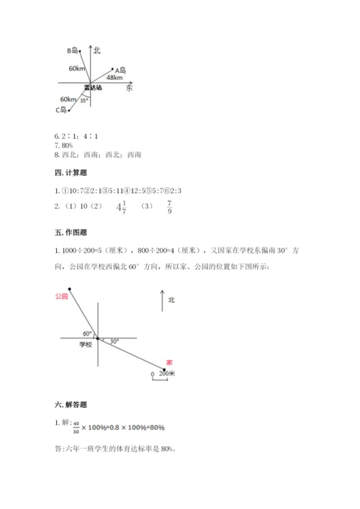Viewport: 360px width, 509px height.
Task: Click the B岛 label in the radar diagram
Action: coord(72,50)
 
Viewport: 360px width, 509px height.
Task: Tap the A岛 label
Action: coord(121,71)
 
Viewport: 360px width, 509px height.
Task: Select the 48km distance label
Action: coord(113,77)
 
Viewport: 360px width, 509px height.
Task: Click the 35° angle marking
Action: coord(84,101)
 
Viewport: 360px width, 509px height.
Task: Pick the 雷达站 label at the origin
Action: coord(92,88)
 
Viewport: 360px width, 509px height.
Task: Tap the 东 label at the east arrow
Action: coord(129,88)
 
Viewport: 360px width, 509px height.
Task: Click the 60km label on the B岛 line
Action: coord(77,68)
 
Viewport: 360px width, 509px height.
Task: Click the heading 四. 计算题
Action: coord(67,173)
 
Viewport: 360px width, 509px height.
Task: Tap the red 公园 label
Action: coord(60,296)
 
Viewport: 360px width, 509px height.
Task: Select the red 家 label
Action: coord(168,362)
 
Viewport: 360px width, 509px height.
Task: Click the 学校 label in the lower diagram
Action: coord(86,345)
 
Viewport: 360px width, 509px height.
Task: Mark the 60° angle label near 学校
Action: coord(87,333)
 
